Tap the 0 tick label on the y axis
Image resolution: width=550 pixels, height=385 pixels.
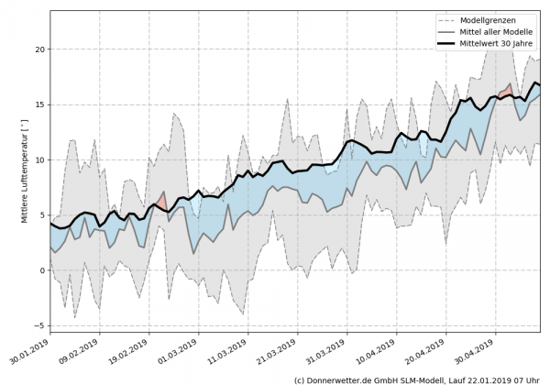tap(40, 270)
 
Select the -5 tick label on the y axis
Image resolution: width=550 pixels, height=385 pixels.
tap(38, 325)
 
